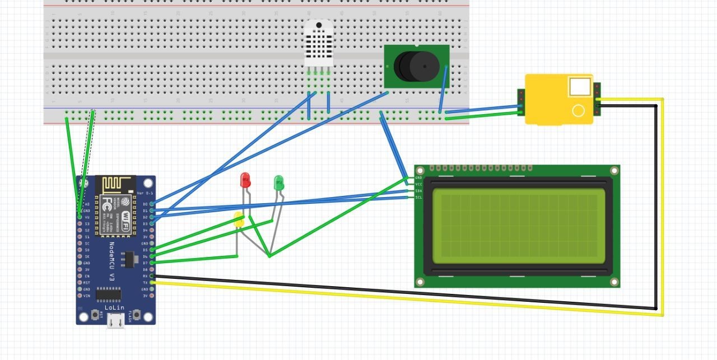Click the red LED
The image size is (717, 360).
[245, 180]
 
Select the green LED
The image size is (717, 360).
[278, 183]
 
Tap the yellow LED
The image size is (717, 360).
[239, 220]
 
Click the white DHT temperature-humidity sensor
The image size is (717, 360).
[318, 43]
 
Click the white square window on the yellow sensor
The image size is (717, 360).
[580, 87]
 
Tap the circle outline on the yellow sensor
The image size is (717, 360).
[578, 110]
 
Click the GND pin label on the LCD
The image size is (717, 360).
[418, 177]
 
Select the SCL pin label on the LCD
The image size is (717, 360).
[418, 198]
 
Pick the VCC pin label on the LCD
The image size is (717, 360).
[418, 184]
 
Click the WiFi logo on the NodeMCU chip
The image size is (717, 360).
[126, 217]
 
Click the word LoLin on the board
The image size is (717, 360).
[114, 307]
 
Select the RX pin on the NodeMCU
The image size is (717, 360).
[152, 276]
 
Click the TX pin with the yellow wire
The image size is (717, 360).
[152, 283]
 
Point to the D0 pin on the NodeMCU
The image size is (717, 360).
[152, 204]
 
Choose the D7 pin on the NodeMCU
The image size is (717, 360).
[152, 263]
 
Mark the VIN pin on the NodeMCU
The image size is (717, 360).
[80, 296]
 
